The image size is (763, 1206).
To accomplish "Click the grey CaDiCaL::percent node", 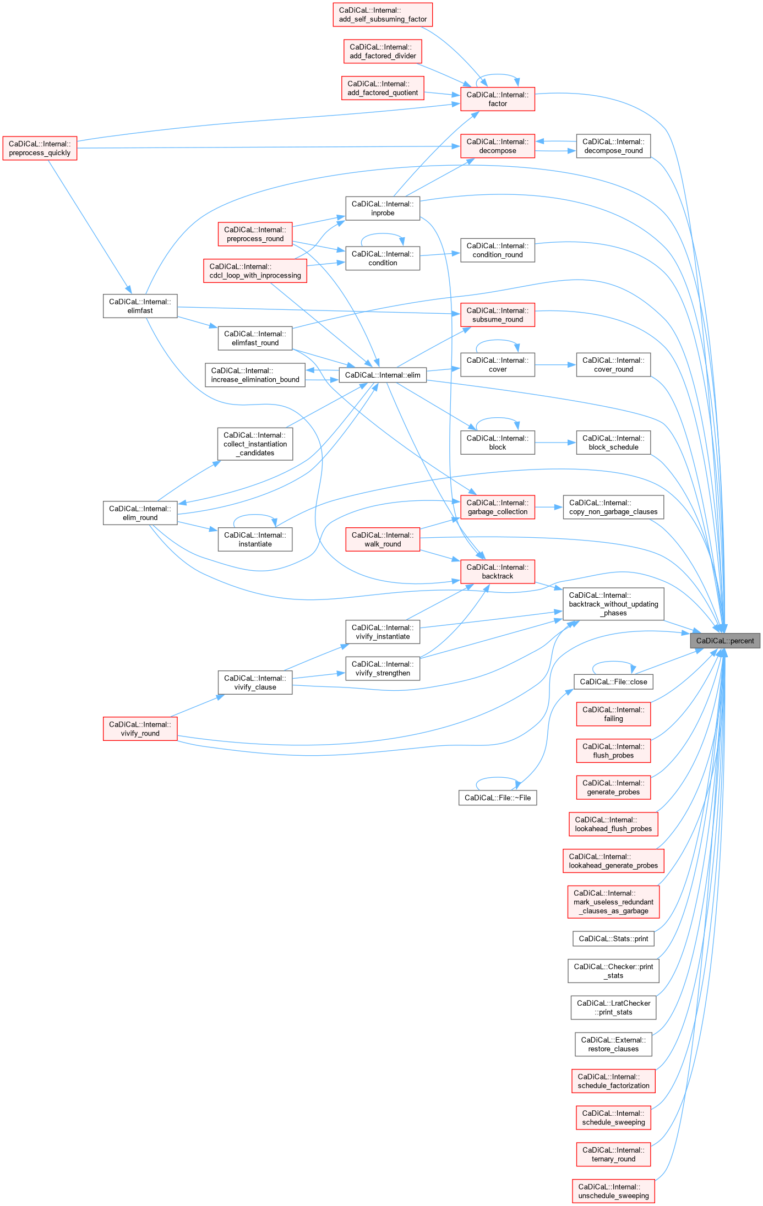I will pos(725,641).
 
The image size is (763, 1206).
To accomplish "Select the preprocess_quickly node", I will pos(40,149).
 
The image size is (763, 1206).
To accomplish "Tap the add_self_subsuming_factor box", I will pos(383,15).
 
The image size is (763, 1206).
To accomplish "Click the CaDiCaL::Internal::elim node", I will pos(383,375).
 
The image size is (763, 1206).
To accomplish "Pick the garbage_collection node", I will pos(498,507).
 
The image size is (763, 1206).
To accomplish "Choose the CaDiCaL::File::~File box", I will pos(498,798).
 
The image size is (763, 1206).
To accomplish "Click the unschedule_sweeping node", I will pos(613,1191).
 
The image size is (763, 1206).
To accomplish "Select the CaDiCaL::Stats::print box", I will pos(613,938).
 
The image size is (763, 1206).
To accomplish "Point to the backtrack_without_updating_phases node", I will pos(613,604).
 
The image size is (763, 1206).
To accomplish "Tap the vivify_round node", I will pos(140,729).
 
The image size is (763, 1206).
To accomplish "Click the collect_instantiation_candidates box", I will pos(255,444).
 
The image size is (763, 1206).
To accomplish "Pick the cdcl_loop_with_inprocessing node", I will pos(255,271).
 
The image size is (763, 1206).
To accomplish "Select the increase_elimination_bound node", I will pos(255,375).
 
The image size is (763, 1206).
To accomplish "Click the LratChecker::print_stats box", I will pos(613,1007).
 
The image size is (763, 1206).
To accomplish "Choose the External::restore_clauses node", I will pos(613,1044).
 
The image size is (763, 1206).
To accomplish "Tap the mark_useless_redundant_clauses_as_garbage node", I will pos(613,902).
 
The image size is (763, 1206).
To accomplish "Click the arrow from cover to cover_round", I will pos(555,365).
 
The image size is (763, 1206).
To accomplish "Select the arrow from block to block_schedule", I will pos(555,443).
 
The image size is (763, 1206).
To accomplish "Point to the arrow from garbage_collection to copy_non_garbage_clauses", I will pos(548,507).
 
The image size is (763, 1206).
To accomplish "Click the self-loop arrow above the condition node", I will pos(383,234).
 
